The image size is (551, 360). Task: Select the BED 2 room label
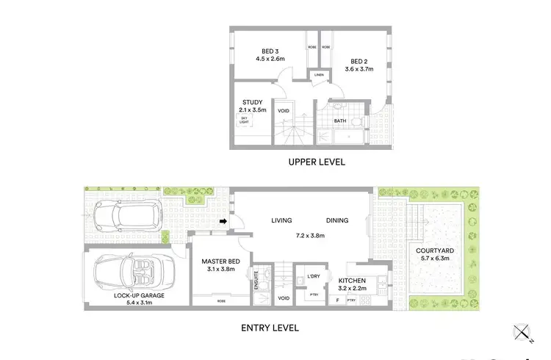(357, 62)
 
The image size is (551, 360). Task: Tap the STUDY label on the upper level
(253, 104)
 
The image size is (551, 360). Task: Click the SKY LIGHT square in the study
(245, 120)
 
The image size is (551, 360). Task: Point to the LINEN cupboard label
(318, 75)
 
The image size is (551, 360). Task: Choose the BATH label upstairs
(339, 121)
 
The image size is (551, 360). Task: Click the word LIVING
(281, 220)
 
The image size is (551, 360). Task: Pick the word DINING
(337, 220)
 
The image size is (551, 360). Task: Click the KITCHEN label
(352, 281)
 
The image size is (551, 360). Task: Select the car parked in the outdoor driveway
(123, 216)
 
